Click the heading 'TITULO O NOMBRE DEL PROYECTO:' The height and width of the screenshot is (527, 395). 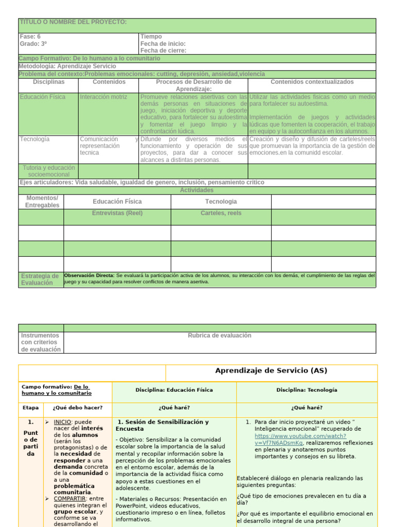(73, 22)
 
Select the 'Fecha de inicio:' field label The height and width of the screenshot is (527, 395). (163, 44)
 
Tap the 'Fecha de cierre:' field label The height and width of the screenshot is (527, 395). (163, 50)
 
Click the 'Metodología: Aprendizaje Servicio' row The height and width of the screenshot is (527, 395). (67, 66)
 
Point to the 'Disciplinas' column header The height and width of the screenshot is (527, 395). (49, 82)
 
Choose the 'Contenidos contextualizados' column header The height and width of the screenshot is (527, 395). (312, 82)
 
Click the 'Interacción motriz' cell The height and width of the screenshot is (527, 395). (102, 97)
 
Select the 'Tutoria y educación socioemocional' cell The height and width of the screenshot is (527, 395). (49, 171)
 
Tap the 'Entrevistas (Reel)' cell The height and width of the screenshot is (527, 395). (117, 213)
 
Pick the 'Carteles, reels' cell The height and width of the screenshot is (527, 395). (221, 213)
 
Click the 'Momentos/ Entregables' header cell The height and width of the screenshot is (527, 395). (42, 202)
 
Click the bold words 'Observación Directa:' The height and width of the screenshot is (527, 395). (89, 275)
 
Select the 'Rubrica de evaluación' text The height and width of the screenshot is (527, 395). (220, 336)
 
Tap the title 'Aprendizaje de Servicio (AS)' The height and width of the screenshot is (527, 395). (271, 371)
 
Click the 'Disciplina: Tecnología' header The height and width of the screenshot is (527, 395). (307, 390)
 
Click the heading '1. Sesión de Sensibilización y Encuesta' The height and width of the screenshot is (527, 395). (162, 425)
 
